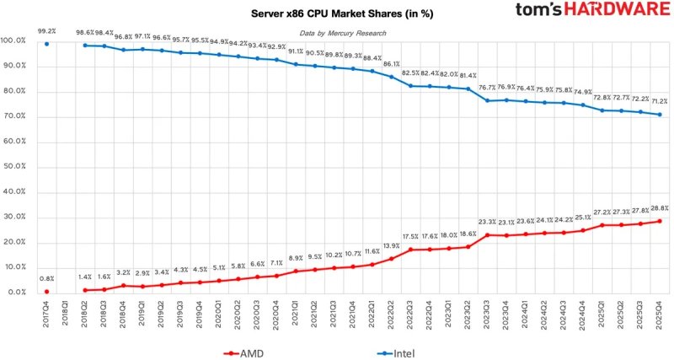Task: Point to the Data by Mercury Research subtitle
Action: [343, 33]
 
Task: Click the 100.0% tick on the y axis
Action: [18, 40]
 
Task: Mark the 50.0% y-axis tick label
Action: [19, 166]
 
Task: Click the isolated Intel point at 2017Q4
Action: [46, 44]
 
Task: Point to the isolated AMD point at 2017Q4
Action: [46, 291]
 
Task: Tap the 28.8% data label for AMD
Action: [659, 207]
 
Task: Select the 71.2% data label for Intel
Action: [659, 100]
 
